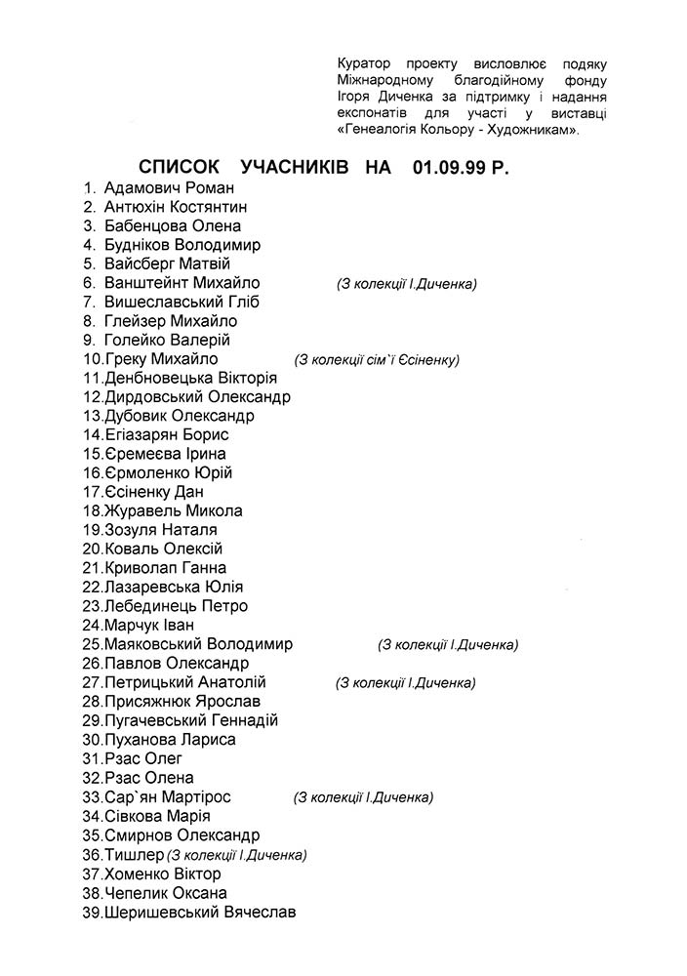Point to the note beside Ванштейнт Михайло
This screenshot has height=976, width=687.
pyautogui.click(x=406, y=284)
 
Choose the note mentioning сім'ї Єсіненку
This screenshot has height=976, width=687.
pyautogui.click(x=377, y=360)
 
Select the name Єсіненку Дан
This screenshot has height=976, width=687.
pyautogui.click(x=153, y=493)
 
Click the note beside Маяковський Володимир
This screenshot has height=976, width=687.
pyautogui.click(x=448, y=645)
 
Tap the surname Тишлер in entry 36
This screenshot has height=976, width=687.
pyautogui.click(x=134, y=855)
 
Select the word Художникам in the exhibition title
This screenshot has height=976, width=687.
pyautogui.click(x=529, y=130)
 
